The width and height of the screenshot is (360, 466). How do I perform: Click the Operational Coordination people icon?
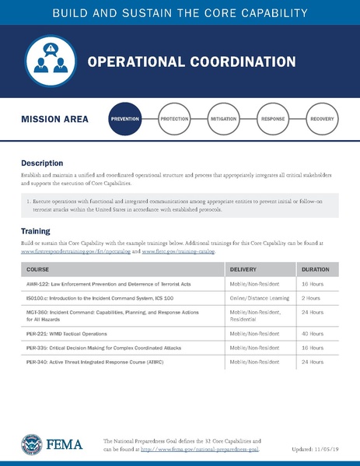point(49,61)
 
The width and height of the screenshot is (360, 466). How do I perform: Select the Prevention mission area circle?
point(126,120)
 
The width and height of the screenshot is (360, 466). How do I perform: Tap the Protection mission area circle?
point(173,120)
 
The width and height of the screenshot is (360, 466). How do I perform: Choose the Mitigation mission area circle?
point(223,120)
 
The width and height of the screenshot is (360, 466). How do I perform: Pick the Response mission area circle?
point(272,120)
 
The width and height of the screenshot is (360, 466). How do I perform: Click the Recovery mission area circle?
point(322,120)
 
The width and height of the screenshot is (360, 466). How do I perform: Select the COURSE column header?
point(37,269)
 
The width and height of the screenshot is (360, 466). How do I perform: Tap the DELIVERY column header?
point(245,269)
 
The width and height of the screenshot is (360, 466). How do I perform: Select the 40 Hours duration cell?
point(313,333)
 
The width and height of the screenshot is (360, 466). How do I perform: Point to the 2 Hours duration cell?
point(311,298)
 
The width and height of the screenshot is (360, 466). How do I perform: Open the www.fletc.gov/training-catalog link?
point(180,253)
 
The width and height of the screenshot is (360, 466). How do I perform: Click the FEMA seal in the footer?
point(33,445)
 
